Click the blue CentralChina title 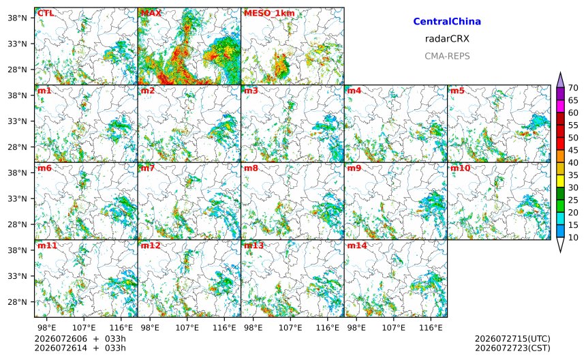[x=447, y=22]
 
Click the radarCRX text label [x=447, y=39]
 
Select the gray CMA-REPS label [x=447, y=57]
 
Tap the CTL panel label [x=46, y=14]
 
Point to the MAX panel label [x=151, y=14]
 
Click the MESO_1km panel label [x=269, y=14]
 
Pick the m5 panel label [x=457, y=91]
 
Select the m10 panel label [x=460, y=168]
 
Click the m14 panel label [x=357, y=245]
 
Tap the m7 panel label [x=148, y=168]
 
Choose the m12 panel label [x=150, y=245]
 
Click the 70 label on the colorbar [x=573, y=88]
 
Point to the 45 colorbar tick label [x=573, y=150]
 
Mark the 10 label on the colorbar [x=573, y=237]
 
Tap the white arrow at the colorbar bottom [x=560, y=245]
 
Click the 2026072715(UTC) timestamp [x=512, y=339]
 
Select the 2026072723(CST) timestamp [x=512, y=348]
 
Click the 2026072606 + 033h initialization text [x=80, y=339]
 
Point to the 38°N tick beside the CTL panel [x=17, y=18]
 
